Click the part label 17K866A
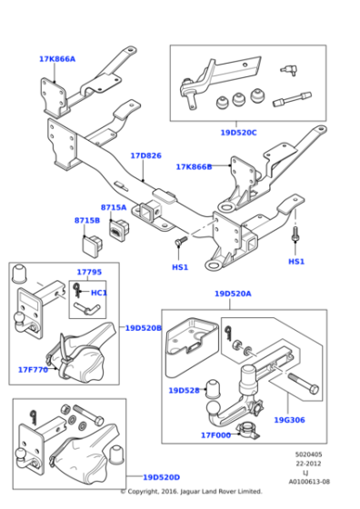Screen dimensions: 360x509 57,59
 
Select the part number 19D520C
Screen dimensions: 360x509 238,133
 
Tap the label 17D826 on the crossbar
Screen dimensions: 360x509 145,155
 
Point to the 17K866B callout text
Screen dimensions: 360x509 194,167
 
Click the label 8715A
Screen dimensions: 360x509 114,207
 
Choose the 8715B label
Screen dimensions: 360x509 87,220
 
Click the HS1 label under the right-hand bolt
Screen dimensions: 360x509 296,262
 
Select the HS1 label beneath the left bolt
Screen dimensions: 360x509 180,267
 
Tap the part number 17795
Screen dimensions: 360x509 89,272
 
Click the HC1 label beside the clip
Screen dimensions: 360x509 99,293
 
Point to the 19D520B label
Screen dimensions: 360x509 144,328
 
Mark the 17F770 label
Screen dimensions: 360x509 33,370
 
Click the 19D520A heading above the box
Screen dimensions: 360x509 233,294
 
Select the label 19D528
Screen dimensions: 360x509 184,391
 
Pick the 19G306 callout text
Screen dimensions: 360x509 290,420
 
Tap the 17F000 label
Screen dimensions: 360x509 215,435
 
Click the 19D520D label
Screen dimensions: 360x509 161,477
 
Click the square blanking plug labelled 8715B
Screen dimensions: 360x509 92,245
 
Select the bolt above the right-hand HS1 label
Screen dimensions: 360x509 295,234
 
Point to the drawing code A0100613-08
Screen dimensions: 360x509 309,482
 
